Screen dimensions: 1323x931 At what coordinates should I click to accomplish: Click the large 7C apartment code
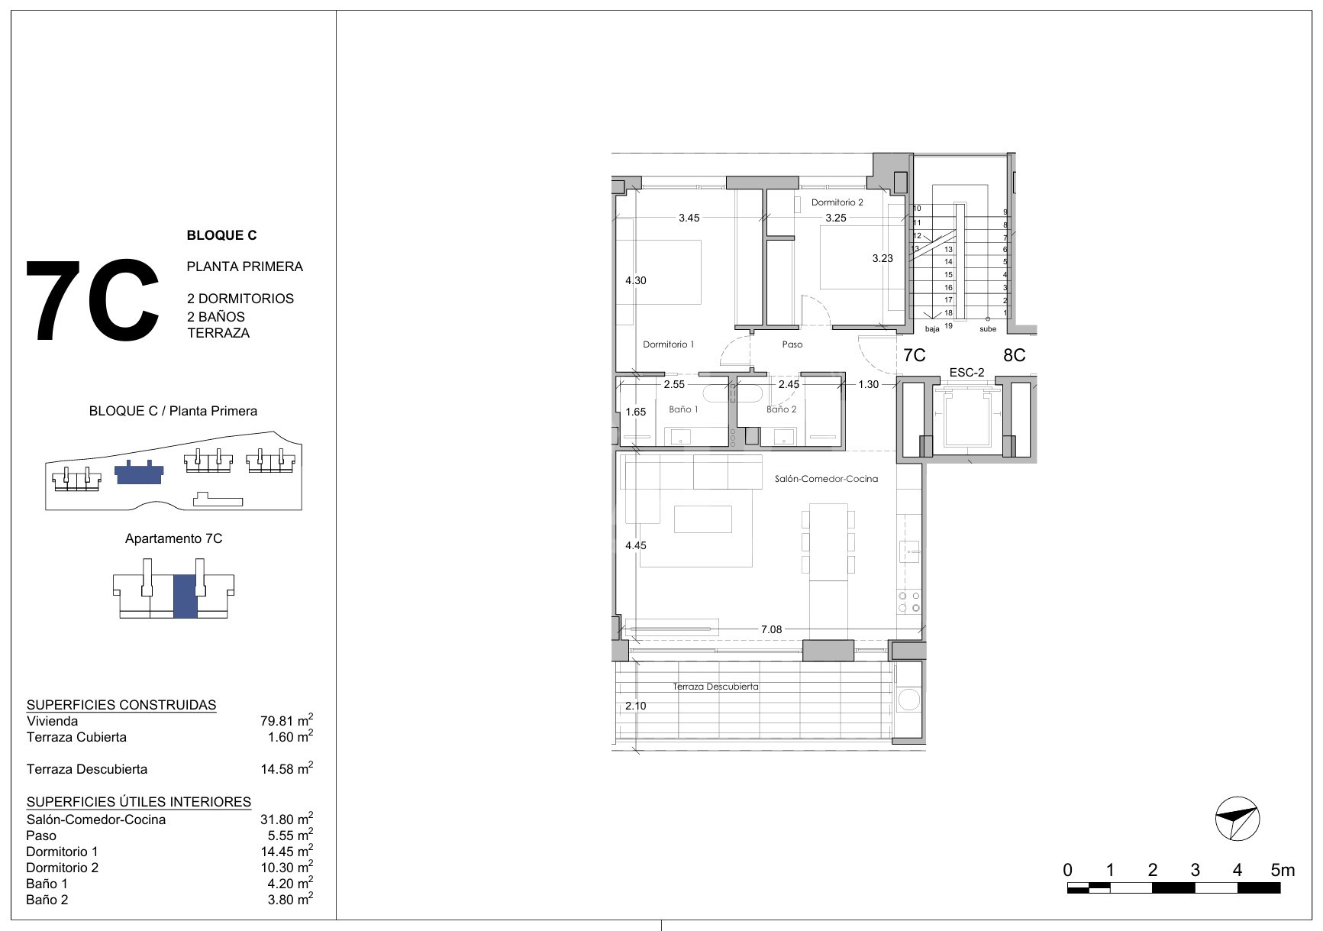click(x=93, y=301)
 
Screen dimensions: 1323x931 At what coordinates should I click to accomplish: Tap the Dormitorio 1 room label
click(x=668, y=344)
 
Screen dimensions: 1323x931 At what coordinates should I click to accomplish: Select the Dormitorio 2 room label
click(x=837, y=202)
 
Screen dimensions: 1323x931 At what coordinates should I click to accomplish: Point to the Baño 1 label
click(x=683, y=409)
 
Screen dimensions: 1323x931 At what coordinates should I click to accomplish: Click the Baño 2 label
click(x=781, y=409)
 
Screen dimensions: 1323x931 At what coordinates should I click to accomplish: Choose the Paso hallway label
click(x=792, y=344)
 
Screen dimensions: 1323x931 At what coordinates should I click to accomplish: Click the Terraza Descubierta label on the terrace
click(x=715, y=687)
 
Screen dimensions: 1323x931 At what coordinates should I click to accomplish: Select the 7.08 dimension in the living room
click(x=771, y=629)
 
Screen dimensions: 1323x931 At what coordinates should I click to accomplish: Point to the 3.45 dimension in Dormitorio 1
click(x=689, y=218)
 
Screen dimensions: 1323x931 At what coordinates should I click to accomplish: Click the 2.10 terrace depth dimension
click(x=635, y=706)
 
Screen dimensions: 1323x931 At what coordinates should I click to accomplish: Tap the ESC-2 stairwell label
click(x=966, y=373)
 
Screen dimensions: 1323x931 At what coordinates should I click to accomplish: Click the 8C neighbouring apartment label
click(x=1014, y=355)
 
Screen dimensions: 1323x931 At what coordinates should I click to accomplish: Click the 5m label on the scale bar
click(x=1283, y=870)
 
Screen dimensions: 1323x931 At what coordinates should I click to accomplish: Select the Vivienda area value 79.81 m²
click(x=286, y=720)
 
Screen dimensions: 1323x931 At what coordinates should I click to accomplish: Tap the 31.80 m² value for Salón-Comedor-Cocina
click(x=286, y=819)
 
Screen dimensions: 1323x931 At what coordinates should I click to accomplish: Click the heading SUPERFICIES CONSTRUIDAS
click(x=121, y=705)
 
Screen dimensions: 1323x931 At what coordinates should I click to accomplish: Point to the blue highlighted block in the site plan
click(x=138, y=474)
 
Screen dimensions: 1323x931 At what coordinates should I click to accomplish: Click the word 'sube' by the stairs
click(x=988, y=329)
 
